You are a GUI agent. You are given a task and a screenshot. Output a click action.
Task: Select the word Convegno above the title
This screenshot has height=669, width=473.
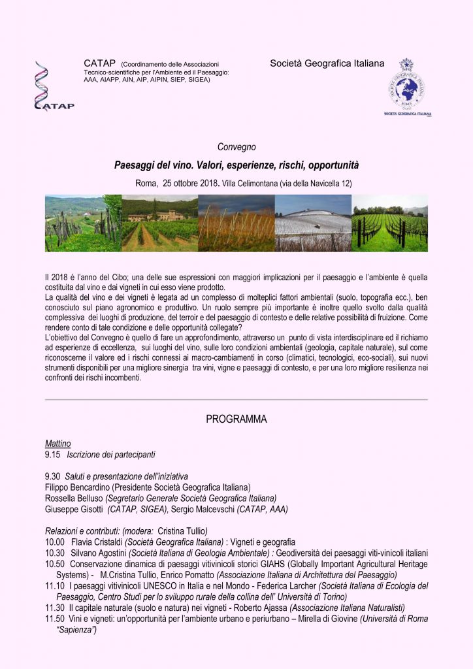point(236,147)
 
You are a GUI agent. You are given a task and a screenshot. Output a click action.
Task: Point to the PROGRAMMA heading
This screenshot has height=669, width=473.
point(236,419)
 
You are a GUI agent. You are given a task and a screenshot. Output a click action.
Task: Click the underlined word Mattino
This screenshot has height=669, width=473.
point(58,444)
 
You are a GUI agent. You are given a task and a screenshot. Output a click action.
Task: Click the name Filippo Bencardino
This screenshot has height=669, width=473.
point(82,487)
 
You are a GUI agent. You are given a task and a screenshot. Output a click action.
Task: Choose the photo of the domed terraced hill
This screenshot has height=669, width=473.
point(313,223)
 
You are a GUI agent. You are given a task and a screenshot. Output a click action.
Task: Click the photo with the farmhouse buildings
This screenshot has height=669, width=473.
point(159,223)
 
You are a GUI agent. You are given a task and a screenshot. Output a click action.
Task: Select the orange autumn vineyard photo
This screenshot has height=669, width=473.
point(236,223)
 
